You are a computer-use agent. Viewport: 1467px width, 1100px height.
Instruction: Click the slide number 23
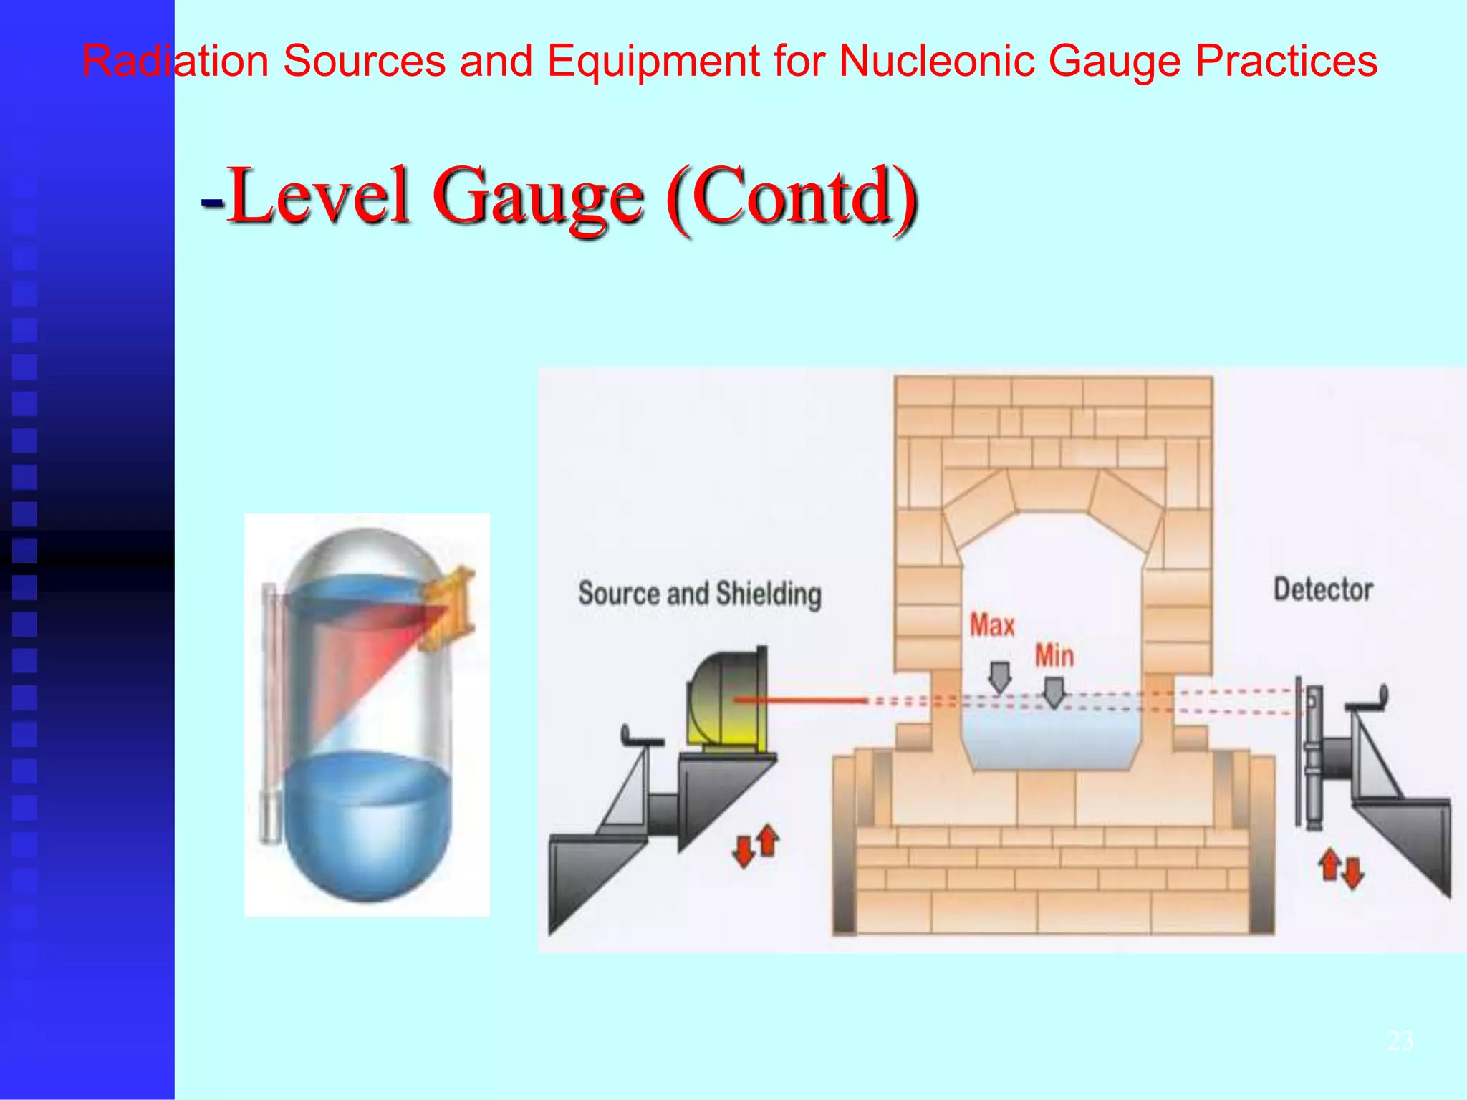click(x=1400, y=1040)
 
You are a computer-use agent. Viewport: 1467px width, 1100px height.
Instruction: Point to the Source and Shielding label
click(x=700, y=594)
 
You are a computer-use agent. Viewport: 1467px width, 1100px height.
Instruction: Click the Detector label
click(x=1323, y=589)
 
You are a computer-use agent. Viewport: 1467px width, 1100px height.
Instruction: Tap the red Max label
click(x=992, y=625)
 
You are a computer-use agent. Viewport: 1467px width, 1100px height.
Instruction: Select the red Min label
click(x=1054, y=655)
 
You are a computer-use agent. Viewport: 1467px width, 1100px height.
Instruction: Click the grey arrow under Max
click(x=999, y=676)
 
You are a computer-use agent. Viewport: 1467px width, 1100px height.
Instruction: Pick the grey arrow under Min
click(x=1054, y=692)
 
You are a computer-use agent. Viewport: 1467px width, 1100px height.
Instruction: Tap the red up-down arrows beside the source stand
click(x=756, y=845)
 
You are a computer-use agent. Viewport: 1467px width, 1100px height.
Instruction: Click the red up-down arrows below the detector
click(x=1342, y=868)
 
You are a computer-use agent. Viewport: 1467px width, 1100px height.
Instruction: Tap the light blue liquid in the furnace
click(x=1051, y=738)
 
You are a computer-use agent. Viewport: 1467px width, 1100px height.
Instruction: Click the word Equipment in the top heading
click(x=652, y=61)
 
